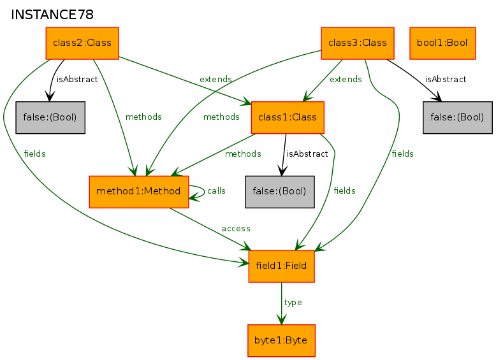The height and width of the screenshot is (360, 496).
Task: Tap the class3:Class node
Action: tap(357, 43)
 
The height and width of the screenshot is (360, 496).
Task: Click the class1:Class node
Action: tap(288, 117)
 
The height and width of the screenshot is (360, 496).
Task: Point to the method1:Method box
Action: tap(139, 191)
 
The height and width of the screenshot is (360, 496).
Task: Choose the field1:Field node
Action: tap(281, 266)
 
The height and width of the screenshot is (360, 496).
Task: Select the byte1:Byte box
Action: tap(281, 340)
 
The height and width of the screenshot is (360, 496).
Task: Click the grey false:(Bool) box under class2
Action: tap(50, 117)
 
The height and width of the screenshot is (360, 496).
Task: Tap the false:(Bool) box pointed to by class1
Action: tap(280, 191)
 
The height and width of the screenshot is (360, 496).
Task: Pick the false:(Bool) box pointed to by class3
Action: tap(458, 117)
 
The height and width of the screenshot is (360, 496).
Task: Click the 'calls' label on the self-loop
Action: tap(216, 191)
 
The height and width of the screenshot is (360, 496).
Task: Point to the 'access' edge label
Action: tap(236, 228)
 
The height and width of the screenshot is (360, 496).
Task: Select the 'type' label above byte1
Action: tap(293, 302)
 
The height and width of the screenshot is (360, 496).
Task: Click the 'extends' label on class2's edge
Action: tap(215, 79)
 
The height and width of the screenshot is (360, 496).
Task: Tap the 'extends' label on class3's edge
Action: tap(346, 80)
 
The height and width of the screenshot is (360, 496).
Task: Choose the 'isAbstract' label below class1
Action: tap(307, 154)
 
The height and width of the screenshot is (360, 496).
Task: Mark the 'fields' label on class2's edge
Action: tap(34, 154)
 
